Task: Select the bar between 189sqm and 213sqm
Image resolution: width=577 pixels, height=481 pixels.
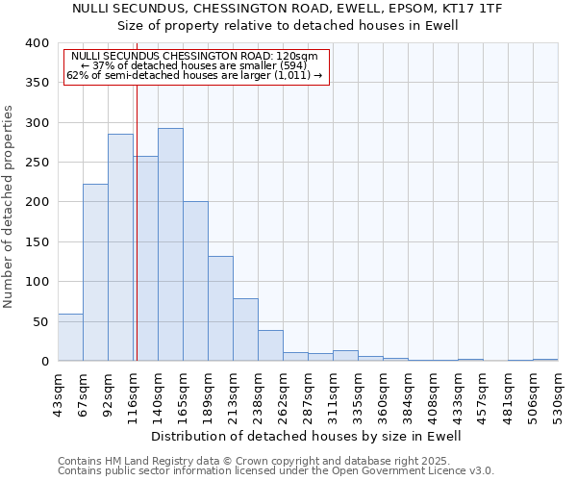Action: coord(220,309)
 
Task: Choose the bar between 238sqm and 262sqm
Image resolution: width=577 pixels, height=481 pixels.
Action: coord(270,345)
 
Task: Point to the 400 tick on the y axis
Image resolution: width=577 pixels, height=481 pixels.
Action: coord(37,43)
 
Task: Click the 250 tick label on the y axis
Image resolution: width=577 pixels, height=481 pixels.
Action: coord(37,163)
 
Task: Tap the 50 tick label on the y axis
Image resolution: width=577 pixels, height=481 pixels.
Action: coord(40,321)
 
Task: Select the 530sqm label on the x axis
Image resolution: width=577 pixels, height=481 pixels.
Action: coord(559,392)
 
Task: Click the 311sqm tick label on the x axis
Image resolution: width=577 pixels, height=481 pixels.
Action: coord(334,392)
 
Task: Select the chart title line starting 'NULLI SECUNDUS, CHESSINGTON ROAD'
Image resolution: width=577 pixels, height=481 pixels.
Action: coord(288,8)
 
